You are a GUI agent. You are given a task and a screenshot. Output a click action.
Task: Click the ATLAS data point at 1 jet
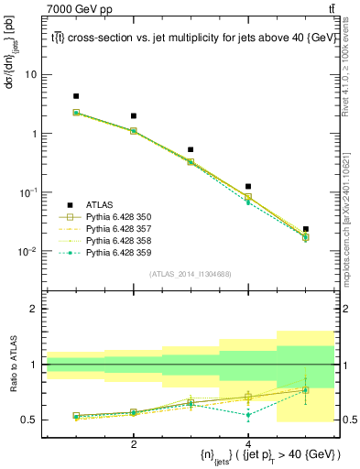[76, 96]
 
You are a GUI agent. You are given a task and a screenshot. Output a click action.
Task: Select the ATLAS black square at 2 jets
[134, 116]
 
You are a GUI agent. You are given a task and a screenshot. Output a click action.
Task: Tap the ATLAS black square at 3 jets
[191, 149]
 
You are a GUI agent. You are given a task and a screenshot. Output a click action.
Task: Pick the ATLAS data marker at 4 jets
[248, 187]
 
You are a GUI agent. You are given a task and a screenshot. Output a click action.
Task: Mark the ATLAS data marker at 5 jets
[305, 229]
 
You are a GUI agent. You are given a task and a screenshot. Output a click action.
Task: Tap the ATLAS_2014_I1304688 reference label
[190, 274]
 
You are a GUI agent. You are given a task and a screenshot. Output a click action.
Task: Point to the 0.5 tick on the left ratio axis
[27, 420]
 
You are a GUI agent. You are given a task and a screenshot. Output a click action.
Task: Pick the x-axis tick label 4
[248, 444]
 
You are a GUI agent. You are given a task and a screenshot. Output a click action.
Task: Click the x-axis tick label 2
[134, 444]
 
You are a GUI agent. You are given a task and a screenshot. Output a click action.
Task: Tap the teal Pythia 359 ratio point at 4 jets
[248, 415]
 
